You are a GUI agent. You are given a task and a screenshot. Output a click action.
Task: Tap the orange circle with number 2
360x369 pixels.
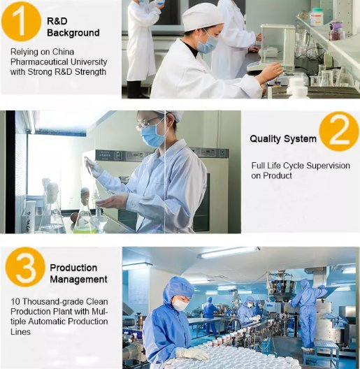click(339, 131)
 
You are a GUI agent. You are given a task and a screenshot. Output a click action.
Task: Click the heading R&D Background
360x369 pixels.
click(73, 27)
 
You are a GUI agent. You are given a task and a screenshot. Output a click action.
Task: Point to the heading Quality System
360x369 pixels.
click(282, 138)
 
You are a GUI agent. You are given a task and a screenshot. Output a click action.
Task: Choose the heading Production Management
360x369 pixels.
click(78, 273)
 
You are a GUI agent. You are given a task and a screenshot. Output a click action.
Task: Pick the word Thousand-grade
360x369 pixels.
click(50, 301)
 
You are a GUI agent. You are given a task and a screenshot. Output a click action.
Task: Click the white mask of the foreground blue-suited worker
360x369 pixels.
click(180, 305)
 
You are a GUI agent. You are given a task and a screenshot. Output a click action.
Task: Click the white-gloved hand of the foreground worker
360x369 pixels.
click(191, 353)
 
